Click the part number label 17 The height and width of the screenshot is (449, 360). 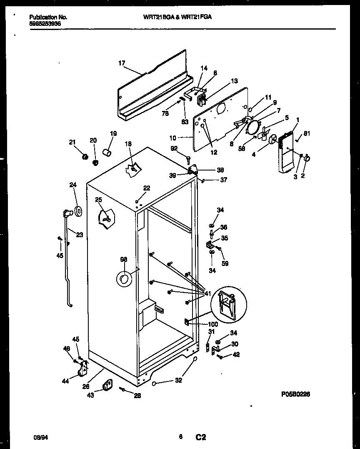pos(122,63)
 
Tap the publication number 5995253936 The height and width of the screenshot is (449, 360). pos(48,23)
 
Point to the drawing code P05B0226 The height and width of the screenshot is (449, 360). pos(295,394)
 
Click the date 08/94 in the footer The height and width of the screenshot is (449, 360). pos(40,437)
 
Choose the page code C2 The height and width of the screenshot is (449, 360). pos(201,437)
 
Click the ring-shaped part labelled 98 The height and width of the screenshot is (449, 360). pos(123,279)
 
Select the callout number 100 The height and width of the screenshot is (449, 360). pos(212,324)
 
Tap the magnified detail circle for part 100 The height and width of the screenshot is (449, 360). pos(229,304)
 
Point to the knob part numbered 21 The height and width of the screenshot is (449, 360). pos(85,157)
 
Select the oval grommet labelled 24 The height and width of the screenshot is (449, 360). pos(77,212)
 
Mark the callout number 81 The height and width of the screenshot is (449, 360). pos(307,134)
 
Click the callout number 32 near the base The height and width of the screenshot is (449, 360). pos(178,380)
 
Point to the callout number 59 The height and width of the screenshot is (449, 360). pos(225,263)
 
